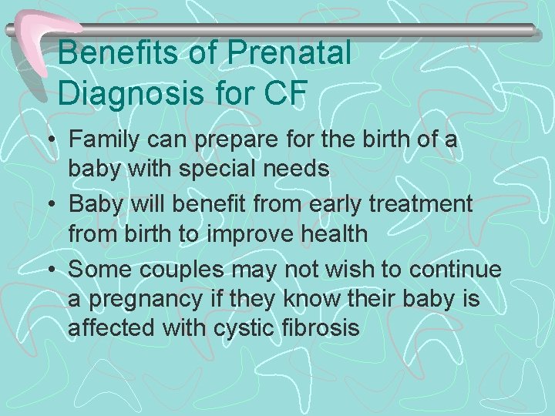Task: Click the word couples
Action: (x=180, y=269)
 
